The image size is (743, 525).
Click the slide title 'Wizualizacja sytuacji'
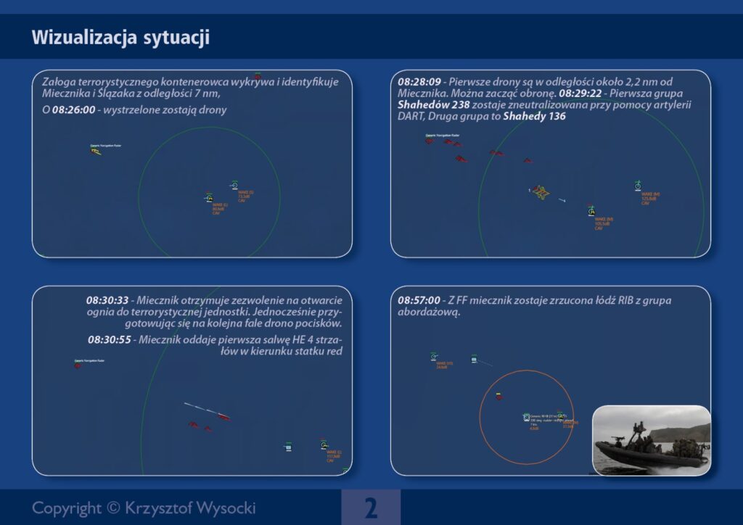coord(120,38)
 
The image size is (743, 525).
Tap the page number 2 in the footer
coord(371,508)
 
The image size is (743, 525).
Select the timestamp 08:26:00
coord(73,110)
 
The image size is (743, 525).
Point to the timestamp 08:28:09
coord(420,82)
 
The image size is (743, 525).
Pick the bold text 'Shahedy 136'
coord(535,117)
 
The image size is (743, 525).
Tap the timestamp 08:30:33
coord(107,299)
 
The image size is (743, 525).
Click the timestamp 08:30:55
coord(110,339)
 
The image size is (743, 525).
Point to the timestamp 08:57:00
coord(419,299)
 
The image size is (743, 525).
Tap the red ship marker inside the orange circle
coord(498,395)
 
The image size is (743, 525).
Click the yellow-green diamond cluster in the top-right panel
coord(541,192)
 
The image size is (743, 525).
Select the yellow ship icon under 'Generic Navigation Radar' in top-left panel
coord(95,151)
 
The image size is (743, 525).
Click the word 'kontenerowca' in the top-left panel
coord(178,82)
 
